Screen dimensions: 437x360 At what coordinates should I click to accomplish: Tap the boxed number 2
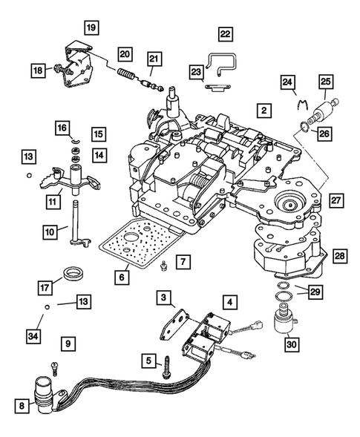[262, 110]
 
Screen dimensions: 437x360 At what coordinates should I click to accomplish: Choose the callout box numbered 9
[68, 344]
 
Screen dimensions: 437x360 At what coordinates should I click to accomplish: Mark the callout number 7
[183, 262]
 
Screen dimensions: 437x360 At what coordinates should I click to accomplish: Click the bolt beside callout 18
[56, 70]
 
